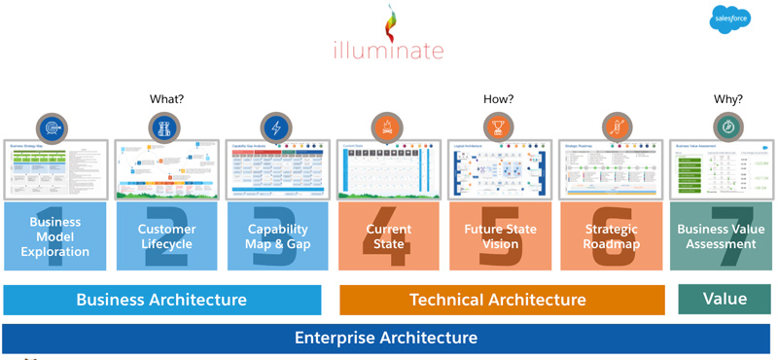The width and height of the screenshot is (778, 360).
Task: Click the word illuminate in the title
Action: [389, 50]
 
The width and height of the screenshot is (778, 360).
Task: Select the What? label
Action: [166, 99]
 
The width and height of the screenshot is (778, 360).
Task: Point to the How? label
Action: [498, 99]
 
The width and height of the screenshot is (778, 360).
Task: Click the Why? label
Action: [727, 99]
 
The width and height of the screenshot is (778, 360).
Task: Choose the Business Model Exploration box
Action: [55, 236]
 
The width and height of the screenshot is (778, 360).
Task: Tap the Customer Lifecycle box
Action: [166, 236]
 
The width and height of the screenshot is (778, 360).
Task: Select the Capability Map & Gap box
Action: [277, 236]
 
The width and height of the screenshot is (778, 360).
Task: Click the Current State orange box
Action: [388, 236]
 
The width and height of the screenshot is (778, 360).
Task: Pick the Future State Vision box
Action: [499, 236]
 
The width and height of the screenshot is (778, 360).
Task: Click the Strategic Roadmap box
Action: [611, 236]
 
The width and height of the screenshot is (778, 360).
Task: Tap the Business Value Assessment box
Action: [721, 236]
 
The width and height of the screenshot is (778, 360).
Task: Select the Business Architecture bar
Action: [161, 300]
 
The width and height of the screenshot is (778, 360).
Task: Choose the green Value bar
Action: [725, 299]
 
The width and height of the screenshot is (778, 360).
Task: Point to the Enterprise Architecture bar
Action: [386, 339]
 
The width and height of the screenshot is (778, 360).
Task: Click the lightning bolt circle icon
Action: [276, 127]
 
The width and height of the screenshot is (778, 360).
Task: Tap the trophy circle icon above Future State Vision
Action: [499, 127]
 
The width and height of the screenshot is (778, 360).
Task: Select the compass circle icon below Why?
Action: [727, 127]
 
